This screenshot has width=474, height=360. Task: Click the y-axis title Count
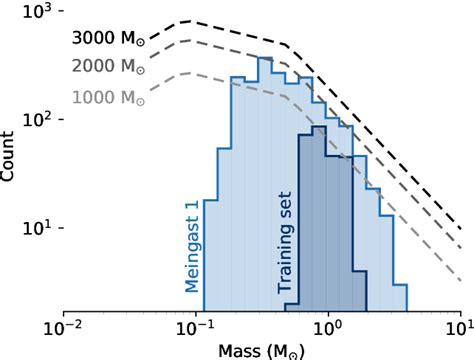click(10, 160)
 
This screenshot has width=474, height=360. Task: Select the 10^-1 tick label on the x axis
click(196, 327)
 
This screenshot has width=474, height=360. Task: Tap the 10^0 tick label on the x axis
click(328, 327)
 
